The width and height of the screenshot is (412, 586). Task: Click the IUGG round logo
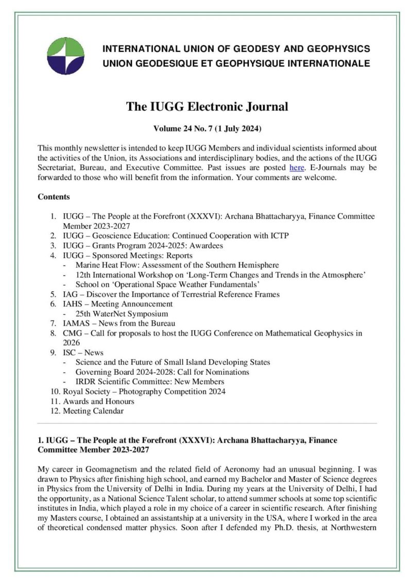65,56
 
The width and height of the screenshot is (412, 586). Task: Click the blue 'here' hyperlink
297,168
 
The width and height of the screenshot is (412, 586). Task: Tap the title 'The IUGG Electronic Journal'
207,107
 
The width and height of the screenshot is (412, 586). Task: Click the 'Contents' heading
54,197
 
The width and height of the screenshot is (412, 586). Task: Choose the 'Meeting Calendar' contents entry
93,411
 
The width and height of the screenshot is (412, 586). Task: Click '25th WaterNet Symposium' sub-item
122,313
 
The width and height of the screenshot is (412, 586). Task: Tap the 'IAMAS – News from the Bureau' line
119,323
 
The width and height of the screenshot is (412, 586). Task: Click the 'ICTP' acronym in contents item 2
279,236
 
